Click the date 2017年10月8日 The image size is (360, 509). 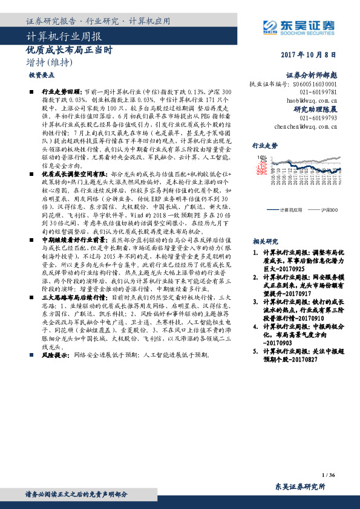coord(308,54)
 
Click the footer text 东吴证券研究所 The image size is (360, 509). coord(299,486)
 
